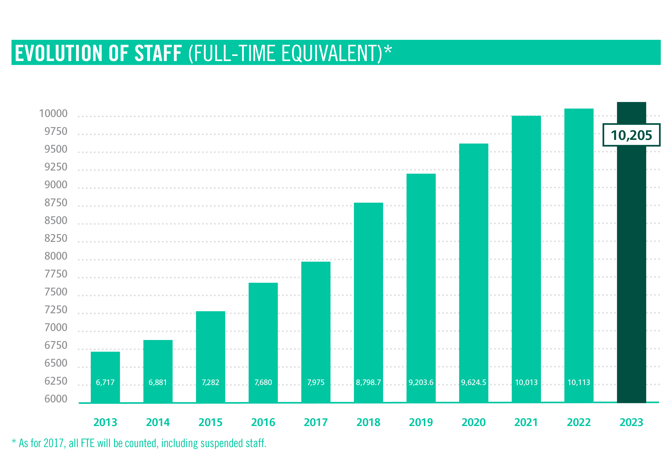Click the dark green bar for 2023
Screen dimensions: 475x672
631,263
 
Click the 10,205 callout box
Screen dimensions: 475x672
631,135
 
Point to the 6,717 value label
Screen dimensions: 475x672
105,382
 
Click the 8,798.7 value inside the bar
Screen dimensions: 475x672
368,382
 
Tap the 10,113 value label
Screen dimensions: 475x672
579,382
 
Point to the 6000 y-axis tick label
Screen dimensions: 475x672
56,399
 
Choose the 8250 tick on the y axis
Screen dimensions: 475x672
56,238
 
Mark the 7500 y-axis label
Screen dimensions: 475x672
56,292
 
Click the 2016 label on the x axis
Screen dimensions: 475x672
263,422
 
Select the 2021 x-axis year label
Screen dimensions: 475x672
526,422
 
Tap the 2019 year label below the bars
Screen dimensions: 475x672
421,422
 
